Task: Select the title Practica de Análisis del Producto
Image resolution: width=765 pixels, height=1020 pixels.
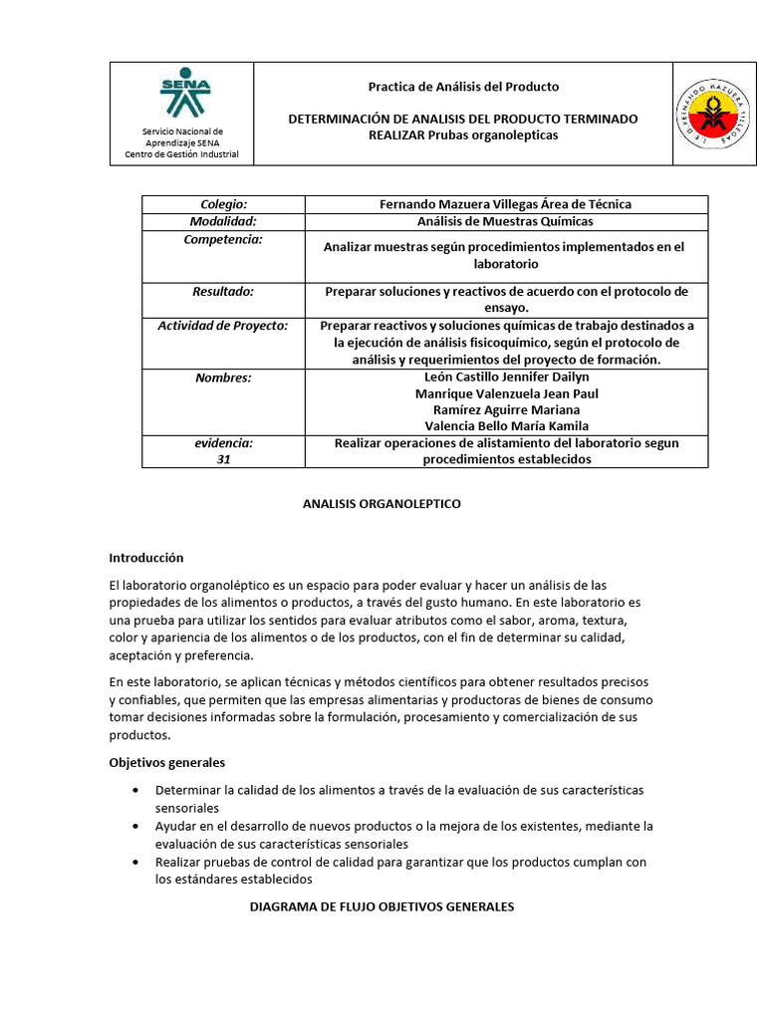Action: (x=463, y=87)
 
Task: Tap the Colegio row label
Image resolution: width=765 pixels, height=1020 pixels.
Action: (x=223, y=204)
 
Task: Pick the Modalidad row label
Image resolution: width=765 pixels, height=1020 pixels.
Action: (x=223, y=221)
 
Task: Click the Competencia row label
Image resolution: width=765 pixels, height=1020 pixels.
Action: (x=223, y=240)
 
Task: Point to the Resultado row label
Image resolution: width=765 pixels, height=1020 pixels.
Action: (x=223, y=291)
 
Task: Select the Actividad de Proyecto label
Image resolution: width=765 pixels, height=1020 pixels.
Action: (x=223, y=326)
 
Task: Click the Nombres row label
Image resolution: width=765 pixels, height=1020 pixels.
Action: (x=223, y=378)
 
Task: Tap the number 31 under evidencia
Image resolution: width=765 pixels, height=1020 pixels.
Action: (x=223, y=460)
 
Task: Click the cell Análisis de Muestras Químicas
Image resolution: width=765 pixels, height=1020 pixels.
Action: (x=505, y=221)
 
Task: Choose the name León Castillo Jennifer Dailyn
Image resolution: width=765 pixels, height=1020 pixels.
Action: (x=505, y=378)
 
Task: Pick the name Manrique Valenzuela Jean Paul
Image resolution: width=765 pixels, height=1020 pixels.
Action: (x=506, y=393)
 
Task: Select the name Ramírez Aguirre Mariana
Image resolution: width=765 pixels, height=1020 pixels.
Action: (x=506, y=409)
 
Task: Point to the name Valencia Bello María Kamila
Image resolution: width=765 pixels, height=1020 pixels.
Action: (x=506, y=426)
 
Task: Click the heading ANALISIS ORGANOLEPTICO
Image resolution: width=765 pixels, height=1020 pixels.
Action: (x=382, y=504)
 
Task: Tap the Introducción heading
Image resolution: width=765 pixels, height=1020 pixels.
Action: (x=145, y=557)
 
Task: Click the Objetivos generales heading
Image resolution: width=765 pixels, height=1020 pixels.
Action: (x=166, y=762)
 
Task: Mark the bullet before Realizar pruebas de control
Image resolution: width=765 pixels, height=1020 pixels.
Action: (x=135, y=863)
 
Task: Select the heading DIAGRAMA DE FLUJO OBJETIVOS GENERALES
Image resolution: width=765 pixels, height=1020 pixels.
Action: (x=381, y=907)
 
